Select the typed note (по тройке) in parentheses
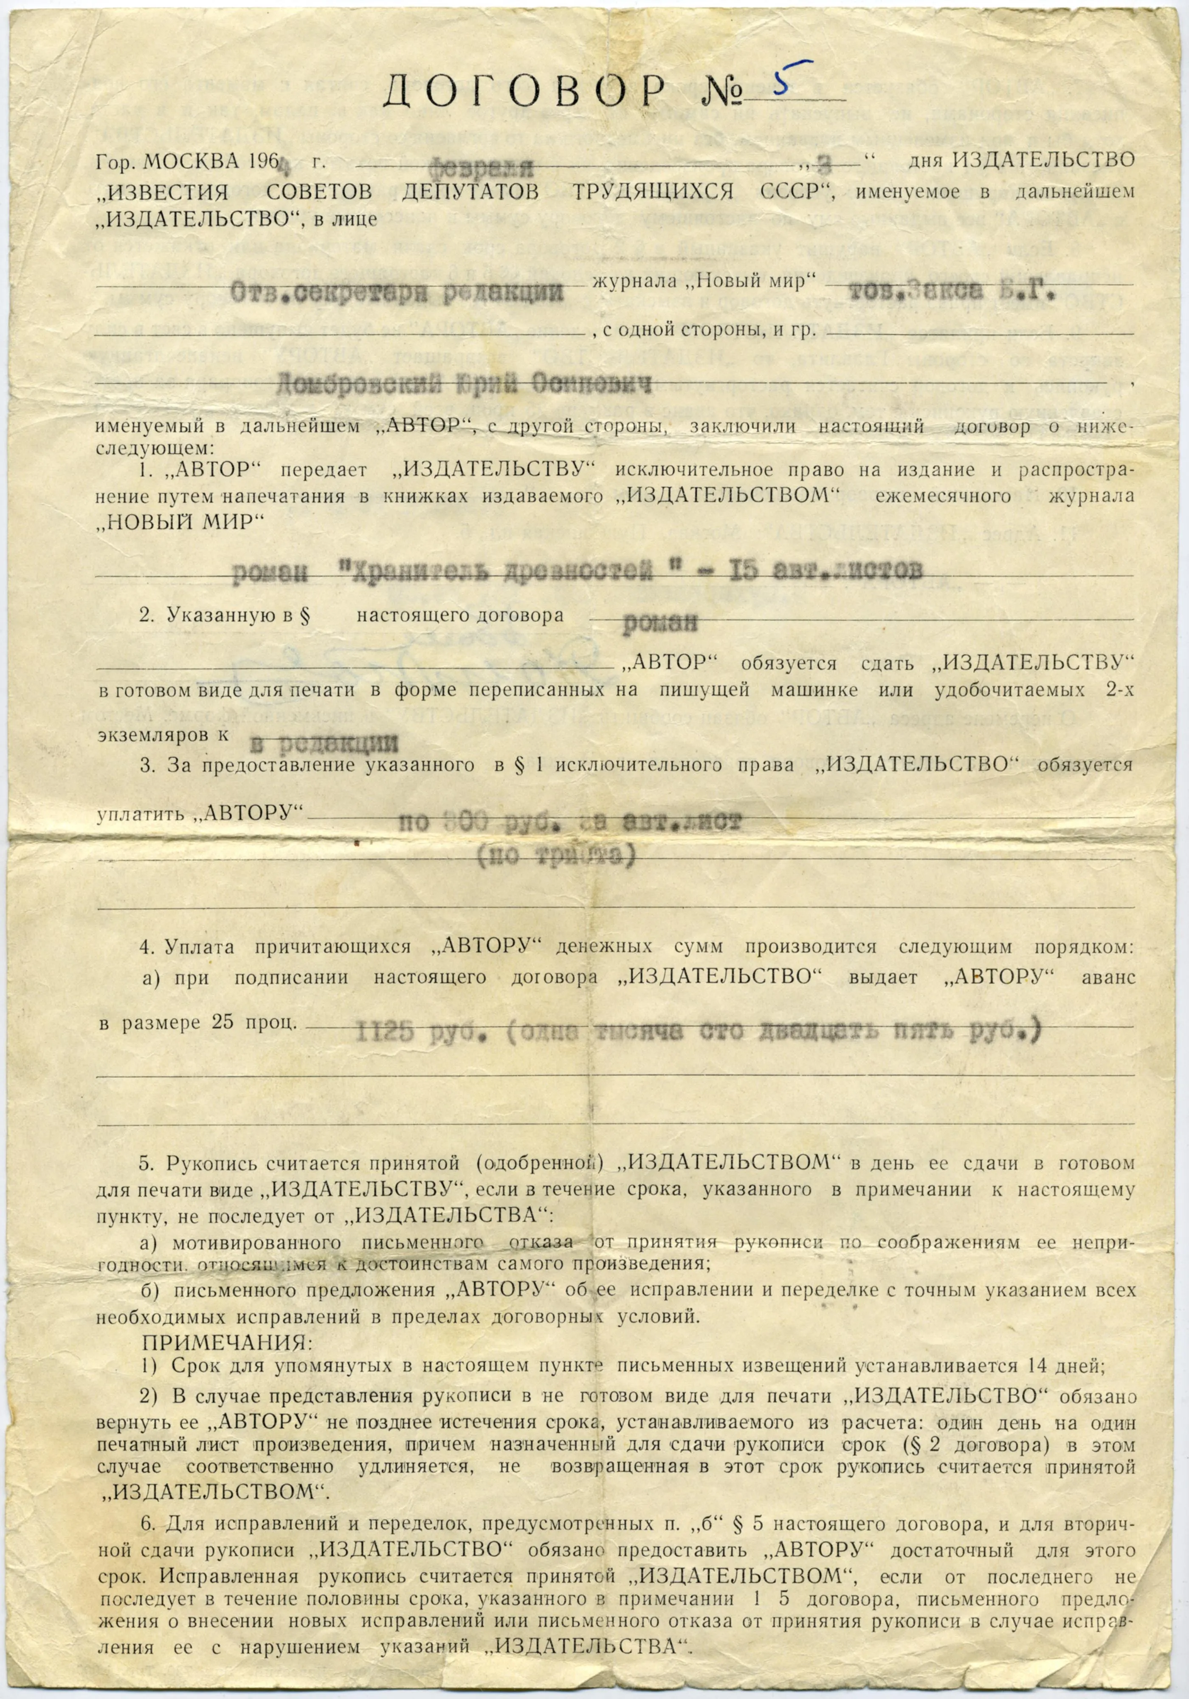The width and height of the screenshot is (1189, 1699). point(556,856)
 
